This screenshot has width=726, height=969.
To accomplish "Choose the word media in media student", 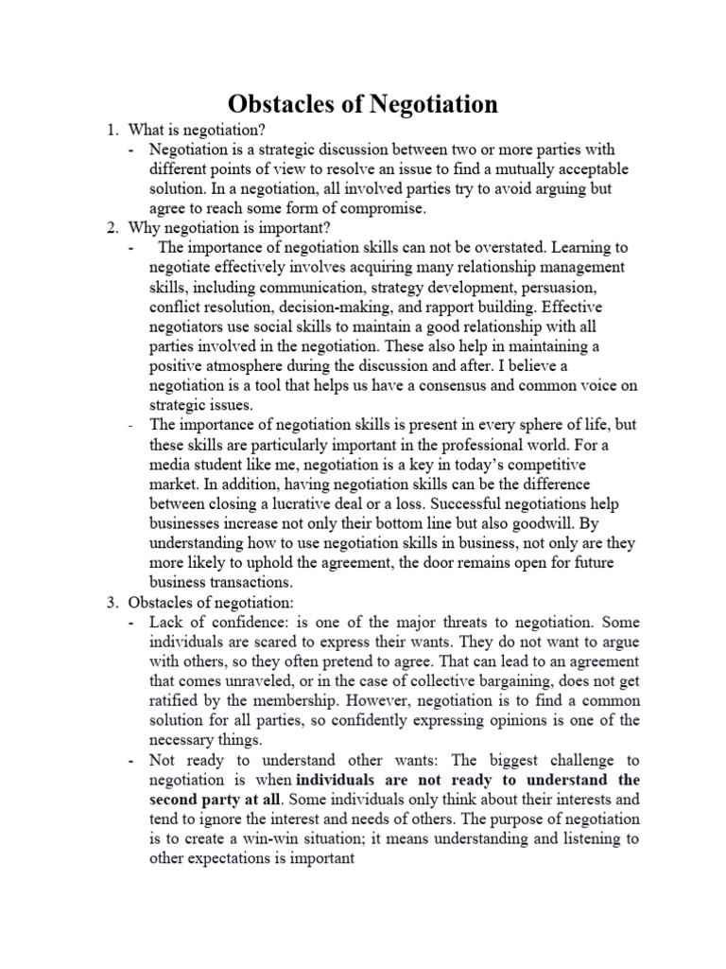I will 171,466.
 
